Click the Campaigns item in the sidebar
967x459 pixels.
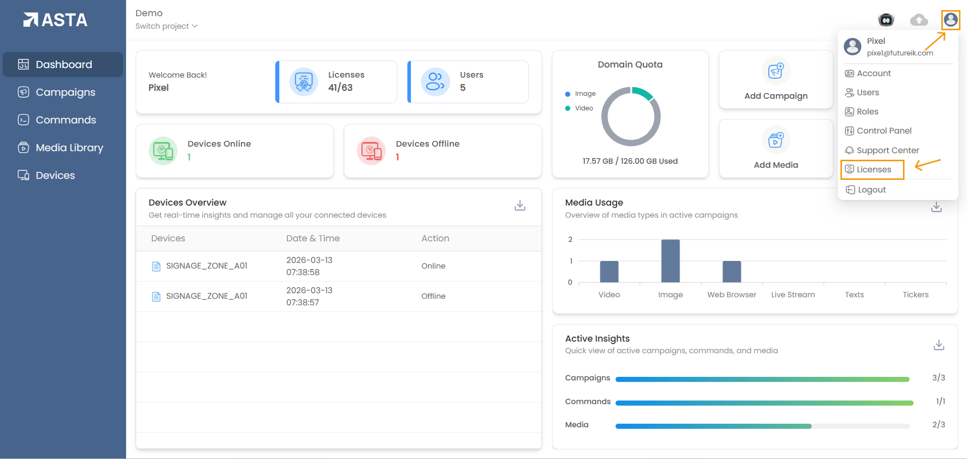tap(65, 92)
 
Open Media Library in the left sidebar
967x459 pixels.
tap(69, 148)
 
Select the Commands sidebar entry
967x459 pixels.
tap(66, 120)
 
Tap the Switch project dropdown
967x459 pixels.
tap(166, 26)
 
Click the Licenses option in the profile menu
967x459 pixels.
tap(874, 170)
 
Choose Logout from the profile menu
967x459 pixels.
tap(871, 190)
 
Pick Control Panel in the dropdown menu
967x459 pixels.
tap(884, 131)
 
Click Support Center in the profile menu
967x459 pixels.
tap(887, 151)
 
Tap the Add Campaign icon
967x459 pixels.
tap(775, 71)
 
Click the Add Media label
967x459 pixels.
tap(775, 165)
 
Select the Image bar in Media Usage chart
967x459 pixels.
tap(670, 261)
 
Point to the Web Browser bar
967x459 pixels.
tap(732, 272)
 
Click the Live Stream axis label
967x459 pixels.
tap(793, 295)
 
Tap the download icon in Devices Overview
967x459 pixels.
tap(520, 206)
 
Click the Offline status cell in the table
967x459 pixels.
tap(433, 296)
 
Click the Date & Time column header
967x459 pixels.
tap(313, 238)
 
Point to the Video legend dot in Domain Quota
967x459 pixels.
tap(568, 108)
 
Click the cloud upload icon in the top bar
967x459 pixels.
tap(919, 20)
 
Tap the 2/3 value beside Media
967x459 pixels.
tap(938, 425)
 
